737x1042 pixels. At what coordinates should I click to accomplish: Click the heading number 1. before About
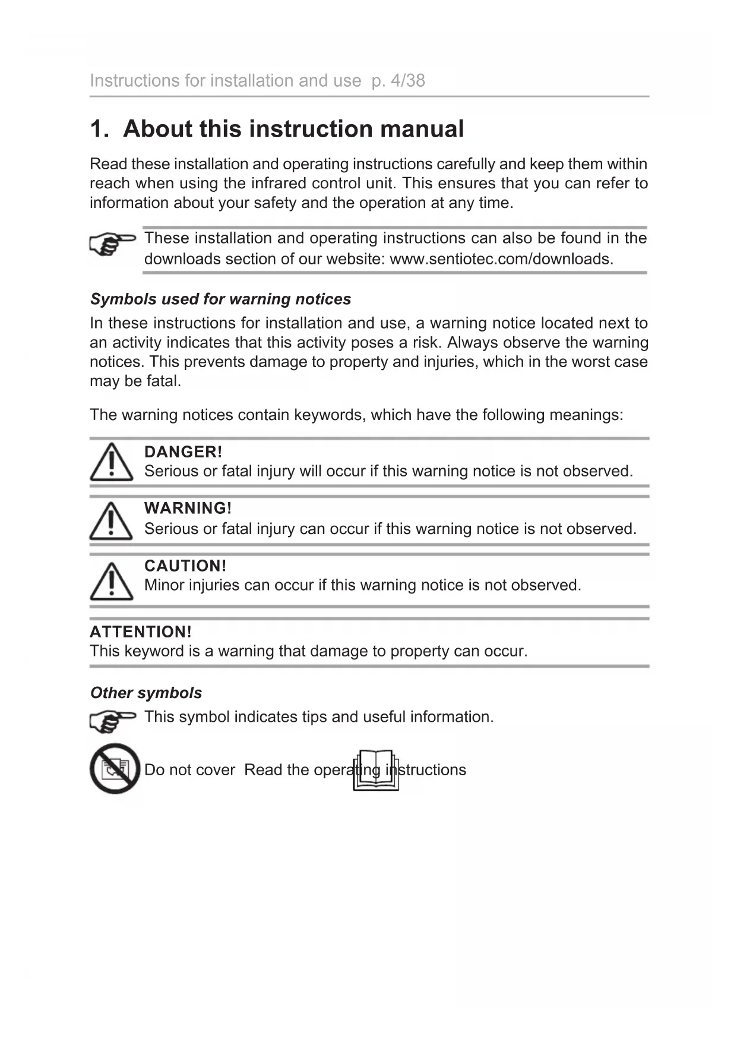99,129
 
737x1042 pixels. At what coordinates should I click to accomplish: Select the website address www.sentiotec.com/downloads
501,259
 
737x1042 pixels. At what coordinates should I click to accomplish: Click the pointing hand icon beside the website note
112,244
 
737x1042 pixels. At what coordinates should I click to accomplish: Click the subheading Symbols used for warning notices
220,299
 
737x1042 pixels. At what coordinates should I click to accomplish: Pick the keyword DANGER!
183,451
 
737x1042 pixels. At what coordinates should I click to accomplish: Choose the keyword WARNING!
188,508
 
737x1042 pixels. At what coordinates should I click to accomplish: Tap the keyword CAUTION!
185,566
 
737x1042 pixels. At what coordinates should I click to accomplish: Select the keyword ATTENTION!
141,631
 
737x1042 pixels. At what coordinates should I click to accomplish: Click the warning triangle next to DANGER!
111,463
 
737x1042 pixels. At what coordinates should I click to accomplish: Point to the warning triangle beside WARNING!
111,520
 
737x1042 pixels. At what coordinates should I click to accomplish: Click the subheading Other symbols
146,693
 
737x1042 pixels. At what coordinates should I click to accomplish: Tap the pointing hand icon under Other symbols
112,721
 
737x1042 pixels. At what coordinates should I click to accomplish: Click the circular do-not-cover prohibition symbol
115,769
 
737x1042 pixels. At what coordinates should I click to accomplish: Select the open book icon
376,770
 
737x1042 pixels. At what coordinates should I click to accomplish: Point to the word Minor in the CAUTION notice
164,585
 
